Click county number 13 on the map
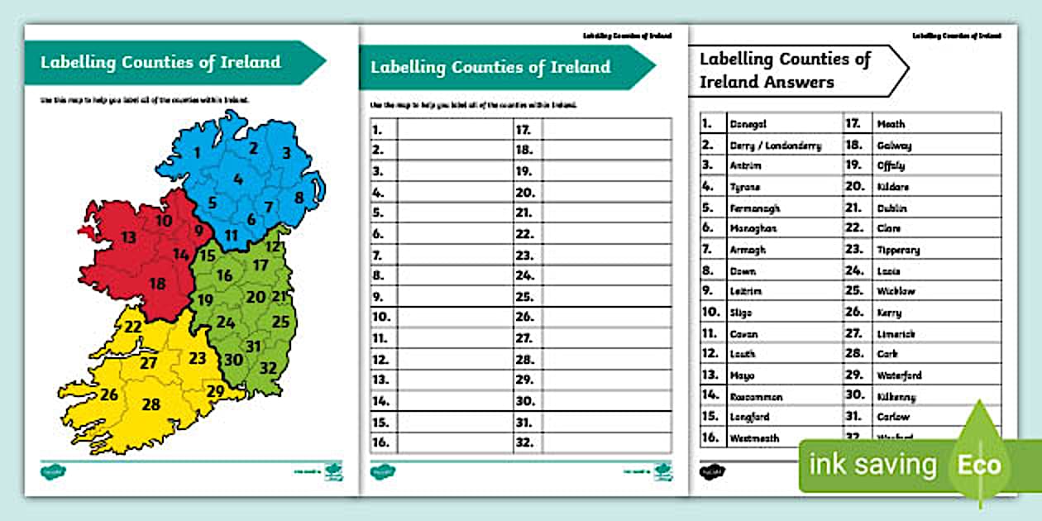coord(128,237)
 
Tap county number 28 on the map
coord(151,404)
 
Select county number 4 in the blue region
coord(238,179)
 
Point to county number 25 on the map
coord(281,322)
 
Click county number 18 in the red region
coord(157,284)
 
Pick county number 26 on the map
coord(109,394)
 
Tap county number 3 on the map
coord(286,153)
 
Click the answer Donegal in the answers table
coord(748,124)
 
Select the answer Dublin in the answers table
coord(892,208)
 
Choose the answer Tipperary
coord(898,250)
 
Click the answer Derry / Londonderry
coord(775,146)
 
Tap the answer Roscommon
coord(756,397)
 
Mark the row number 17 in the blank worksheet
coord(523,129)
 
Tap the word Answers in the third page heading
coord(799,82)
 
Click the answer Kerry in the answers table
coord(889,313)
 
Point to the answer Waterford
coord(899,375)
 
